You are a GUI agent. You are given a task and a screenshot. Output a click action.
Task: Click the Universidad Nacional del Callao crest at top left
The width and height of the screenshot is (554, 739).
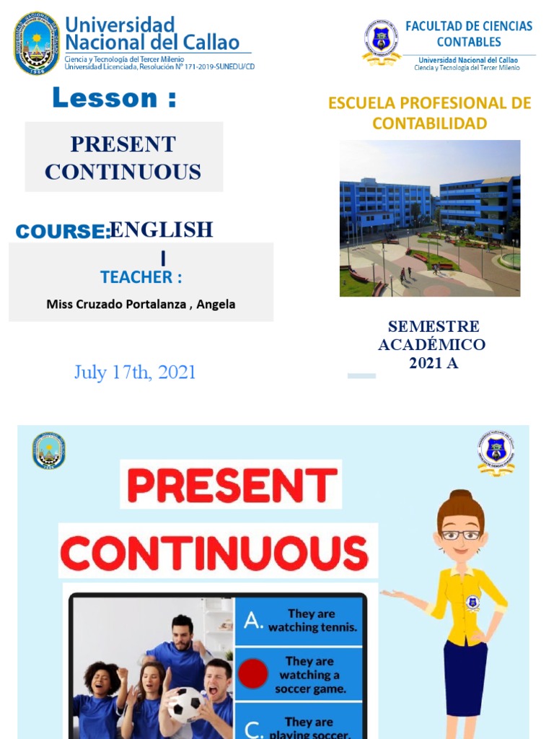(37, 43)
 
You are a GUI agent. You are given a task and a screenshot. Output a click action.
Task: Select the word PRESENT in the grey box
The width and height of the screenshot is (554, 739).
(123, 144)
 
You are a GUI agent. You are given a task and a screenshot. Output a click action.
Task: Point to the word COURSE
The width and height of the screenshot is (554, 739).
(61, 232)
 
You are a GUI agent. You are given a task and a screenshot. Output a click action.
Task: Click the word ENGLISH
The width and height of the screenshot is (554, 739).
(161, 230)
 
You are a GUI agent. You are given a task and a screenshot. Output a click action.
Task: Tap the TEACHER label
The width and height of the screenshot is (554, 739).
(141, 277)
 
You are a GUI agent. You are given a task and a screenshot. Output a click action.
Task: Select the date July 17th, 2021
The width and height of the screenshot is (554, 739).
(135, 372)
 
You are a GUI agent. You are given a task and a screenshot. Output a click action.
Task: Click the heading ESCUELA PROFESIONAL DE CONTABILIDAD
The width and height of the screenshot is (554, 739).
(429, 113)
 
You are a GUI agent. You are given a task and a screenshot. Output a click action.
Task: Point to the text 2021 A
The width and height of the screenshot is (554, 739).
(433, 363)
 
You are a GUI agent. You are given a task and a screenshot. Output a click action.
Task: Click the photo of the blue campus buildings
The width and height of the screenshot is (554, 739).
(429, 218)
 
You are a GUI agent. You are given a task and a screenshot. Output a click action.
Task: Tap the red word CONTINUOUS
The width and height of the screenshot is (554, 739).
(214, 554)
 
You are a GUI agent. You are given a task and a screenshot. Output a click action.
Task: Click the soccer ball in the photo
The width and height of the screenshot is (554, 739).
(185, 704)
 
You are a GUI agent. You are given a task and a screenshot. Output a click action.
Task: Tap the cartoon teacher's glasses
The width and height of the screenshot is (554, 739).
(461, 535)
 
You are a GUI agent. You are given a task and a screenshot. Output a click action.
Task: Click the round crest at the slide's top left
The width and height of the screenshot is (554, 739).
(48, 450)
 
